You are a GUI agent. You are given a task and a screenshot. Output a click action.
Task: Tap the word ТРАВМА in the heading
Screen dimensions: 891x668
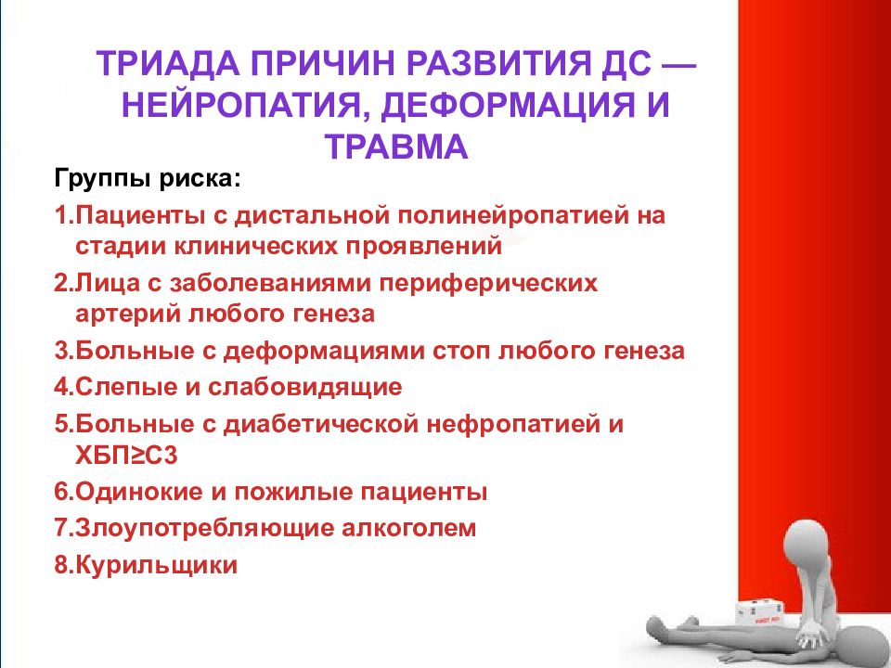click(x=396, y=146)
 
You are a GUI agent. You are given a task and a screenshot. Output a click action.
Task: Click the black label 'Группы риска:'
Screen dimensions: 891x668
click(x=148, y=179)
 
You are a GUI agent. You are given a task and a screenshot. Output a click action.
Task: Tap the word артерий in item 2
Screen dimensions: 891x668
click(x=126, y=315)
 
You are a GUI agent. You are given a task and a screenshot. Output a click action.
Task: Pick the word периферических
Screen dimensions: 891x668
click(x=488, y=284)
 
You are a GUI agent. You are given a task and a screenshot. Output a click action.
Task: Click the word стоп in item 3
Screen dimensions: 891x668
click(x=461, y=351)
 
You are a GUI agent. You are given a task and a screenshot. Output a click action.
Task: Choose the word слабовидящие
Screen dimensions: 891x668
click(x=305, y=388)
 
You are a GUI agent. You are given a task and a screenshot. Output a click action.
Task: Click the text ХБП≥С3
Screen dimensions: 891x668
click(x=126, y=456)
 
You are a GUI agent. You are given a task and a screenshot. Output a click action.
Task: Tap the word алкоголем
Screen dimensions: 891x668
click(x=409, y=528)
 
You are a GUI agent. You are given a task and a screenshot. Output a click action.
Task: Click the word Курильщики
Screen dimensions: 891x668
click(x=156, y=565)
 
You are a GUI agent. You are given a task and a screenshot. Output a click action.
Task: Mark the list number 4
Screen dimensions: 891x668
click(x=62, y=388)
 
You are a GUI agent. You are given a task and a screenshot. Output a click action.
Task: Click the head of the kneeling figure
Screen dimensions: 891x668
click(x=807, y=545)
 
